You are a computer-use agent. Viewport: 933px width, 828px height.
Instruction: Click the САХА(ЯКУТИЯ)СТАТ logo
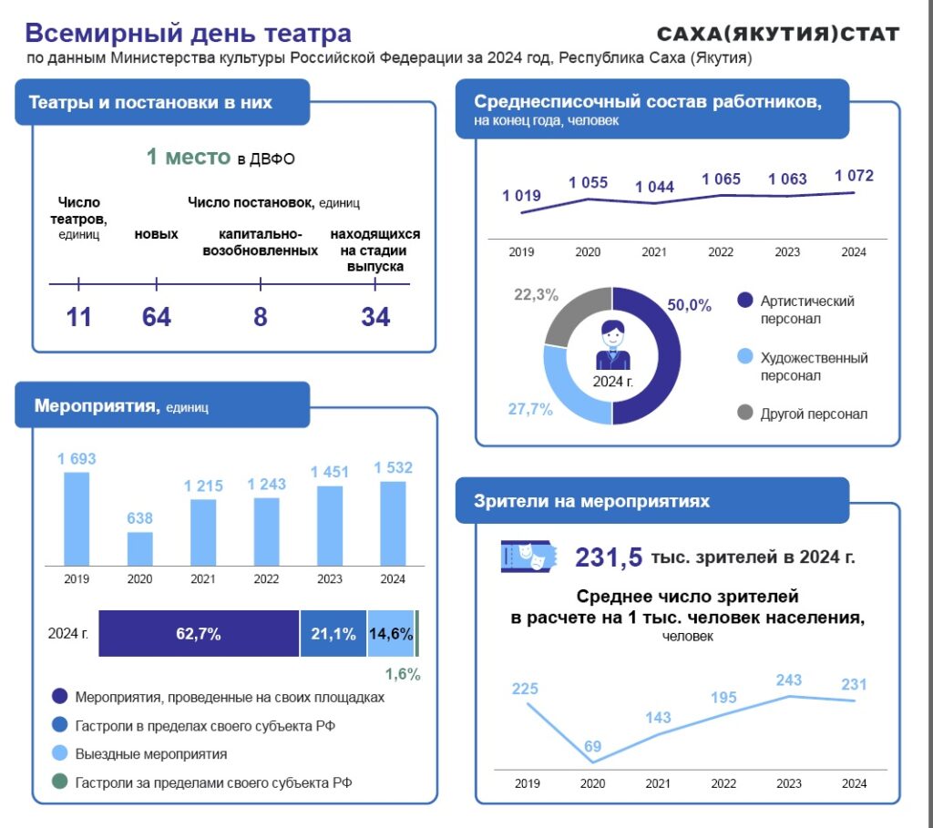click(x=778, y=35)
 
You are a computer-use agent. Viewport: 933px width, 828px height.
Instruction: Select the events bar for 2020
click(x=140, y=549)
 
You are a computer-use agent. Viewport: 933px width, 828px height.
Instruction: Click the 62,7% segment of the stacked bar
click(x=199, y=634)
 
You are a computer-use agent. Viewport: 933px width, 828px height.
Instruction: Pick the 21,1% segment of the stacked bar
click(x=333, y=634)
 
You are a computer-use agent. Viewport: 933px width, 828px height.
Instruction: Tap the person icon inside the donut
click(x=612, y=345)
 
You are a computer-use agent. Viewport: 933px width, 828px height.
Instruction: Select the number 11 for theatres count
click(x=78, y=317)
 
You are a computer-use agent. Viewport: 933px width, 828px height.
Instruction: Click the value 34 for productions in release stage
click(x=375, y=317)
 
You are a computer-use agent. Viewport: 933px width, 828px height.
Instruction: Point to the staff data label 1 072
click(x=854, y=176)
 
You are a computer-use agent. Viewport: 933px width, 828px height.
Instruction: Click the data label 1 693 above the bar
click(x=77, y=459)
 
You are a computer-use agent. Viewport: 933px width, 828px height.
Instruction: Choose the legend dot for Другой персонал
click(x=744, y=414)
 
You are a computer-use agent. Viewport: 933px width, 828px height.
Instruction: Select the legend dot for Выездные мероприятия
click(x=60, y=754)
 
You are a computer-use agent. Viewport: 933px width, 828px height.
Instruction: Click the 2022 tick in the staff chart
click(x=721, y=251)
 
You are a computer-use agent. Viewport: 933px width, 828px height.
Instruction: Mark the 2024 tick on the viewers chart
click(x=854, y=782)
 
